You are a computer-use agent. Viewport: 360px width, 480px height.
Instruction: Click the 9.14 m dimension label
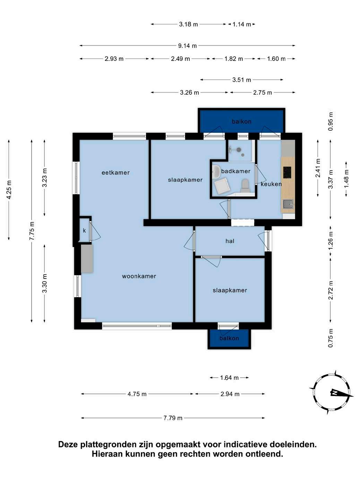click(x=187, y=46)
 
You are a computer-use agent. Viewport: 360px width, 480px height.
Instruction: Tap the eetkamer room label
click(x=115, y=173)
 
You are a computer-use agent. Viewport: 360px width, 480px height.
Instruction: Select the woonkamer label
click(x=139, y=276)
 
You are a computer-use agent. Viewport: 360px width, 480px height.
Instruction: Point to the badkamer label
click(x=235, y=171)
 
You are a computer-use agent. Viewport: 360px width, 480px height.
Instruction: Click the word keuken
click(x=271, y=184)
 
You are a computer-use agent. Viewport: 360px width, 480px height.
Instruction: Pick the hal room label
click(x=230, y=241)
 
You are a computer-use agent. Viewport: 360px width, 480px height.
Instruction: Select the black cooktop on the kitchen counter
click(x=287, y=172)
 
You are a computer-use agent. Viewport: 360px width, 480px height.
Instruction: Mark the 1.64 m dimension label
click(x=229, y=377)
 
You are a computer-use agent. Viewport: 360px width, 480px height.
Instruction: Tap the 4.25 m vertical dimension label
click(x=9, y=190)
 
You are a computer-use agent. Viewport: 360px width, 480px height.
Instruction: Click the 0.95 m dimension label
click(x=331, y=122)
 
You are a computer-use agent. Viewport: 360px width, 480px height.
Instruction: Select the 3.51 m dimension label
click(x=241, y=80)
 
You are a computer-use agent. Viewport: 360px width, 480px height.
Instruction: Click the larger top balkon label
click(x=241, y=122)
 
